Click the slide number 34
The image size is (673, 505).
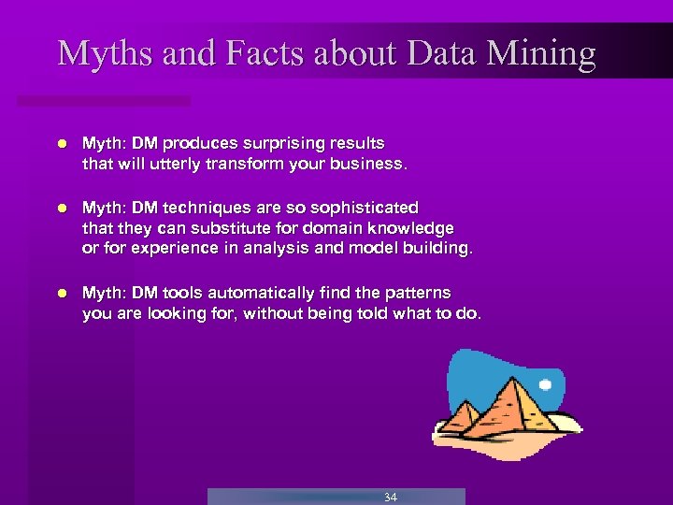pos(390,497)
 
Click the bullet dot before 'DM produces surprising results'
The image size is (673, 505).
pos(62,144)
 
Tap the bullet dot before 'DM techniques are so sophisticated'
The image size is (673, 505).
pos(62,208)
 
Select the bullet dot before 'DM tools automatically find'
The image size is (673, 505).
pos(62,294)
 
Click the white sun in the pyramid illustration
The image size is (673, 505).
pos(546,384)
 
